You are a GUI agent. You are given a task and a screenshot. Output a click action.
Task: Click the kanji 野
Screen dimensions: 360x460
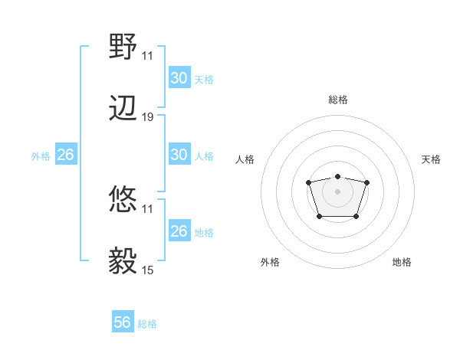click(123, 48)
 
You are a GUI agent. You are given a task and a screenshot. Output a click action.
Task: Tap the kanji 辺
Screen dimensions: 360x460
click(123, 110)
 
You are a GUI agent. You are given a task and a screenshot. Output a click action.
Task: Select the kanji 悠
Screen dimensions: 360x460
click(123, 201)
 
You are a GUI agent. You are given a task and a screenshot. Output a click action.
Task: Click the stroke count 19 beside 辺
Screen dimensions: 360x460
click(148, 117)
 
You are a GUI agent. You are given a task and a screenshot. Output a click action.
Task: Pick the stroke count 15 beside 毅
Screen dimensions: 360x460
click(148, 270)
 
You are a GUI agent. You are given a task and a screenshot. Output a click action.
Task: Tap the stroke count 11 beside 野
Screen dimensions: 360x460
click(148, 56)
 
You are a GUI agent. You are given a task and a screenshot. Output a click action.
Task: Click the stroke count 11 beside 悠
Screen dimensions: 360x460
click(148, 208)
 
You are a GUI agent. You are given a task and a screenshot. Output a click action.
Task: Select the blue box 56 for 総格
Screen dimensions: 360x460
click(123, 322)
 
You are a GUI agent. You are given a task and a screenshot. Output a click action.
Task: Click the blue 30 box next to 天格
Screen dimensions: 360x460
click(179, 78)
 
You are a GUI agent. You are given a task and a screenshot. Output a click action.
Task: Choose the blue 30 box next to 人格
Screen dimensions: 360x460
click(179, 155)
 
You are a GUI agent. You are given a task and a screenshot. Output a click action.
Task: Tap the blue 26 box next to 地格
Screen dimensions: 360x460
click(179, 231)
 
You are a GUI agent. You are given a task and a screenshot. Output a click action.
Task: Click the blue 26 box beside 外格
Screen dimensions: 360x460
click(65, 155)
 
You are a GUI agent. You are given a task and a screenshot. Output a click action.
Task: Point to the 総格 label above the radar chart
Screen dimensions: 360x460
click(338, 100)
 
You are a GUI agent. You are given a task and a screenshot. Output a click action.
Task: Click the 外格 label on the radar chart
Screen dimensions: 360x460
click(270, 262)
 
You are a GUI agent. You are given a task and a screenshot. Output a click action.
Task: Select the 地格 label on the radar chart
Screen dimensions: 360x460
click(402, 262)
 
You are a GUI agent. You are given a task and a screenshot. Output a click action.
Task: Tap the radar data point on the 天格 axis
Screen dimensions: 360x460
click(367, 182)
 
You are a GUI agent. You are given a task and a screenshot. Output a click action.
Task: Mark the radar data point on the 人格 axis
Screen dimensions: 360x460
click(308, 182)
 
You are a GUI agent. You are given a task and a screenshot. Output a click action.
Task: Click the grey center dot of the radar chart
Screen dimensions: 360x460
click(337, 191)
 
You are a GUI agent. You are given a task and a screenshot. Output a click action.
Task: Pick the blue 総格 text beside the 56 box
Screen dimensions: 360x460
click(147, 324)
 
